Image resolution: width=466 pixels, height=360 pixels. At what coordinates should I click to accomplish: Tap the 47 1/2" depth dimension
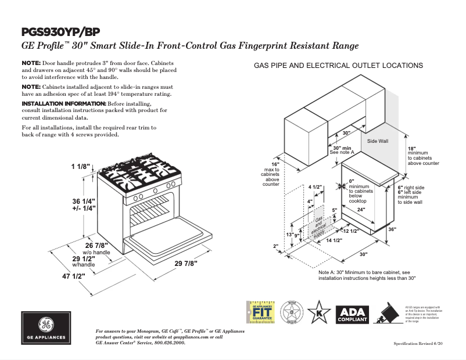pos(74,276)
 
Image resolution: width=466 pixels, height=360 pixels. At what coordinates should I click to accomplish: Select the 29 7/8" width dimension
pos(186,263)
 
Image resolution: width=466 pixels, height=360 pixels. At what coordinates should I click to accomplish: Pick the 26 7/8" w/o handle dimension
pos(96,246)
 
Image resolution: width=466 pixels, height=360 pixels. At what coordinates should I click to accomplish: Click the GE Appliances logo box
pos(46,329)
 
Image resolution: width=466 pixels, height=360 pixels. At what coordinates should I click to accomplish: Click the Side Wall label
pos(377,141)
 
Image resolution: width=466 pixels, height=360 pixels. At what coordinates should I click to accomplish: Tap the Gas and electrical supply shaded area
pos(319,226)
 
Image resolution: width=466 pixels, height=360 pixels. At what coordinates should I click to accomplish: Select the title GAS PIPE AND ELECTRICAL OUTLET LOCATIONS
pos(338,66)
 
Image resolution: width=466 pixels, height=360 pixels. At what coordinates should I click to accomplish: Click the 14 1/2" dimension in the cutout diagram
pos(333,240)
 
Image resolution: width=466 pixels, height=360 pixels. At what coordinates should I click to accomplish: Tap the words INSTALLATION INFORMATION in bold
pos(63,103)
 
